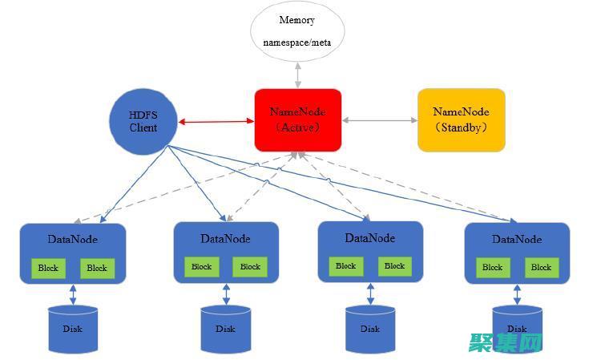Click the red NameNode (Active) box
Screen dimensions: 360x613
click(x=298, y=119)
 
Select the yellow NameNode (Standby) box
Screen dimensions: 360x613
click(x=462, y=120)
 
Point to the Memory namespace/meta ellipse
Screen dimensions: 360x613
click(x=296, y=31)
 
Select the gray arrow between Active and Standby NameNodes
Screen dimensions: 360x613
click(x=380, y=120)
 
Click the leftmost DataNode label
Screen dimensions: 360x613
click(x=72, y=239)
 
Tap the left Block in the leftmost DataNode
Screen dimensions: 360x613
click(x=48, y=268)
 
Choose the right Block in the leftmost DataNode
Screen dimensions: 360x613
click(x=97, y=268)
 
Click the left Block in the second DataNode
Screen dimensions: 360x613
click(x=201, y=267)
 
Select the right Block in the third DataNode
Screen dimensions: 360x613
click(x=394, y=266)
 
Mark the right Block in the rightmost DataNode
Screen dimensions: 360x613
click(x=542, y=268)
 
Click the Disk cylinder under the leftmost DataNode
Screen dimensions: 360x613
click(x=73, y=329)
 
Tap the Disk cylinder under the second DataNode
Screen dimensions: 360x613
click(x=225, y=329)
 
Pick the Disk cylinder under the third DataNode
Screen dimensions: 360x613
click(x=370, y=329)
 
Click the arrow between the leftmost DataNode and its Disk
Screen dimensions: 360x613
click(x=73, y=294)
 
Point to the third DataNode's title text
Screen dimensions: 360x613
click(x=370, y=237)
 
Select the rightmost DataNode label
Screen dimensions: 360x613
click(x=517, y=239)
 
